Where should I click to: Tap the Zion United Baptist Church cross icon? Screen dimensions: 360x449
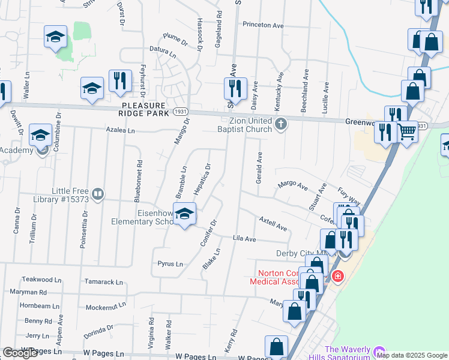click(x=280, y=125)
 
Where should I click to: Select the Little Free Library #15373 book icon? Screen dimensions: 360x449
click(x=98, y=194)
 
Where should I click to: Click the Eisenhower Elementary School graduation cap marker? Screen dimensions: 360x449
click(x=185, y=214)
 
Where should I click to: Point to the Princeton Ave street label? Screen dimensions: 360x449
click(x=263, y=25)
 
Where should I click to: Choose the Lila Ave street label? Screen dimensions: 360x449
click(x=244, y=239)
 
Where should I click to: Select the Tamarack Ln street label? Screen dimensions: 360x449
click(x=103, y=281)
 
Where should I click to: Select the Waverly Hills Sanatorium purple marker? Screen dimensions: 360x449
click(x=378, y=351)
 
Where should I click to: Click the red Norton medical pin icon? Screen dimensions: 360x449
click(x=337, y=277)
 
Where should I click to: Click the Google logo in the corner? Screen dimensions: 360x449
click(x=20, y=353)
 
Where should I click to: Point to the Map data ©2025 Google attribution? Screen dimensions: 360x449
click(x=412, y=355)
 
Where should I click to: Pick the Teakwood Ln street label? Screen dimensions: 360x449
click(x=41, y=280)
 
